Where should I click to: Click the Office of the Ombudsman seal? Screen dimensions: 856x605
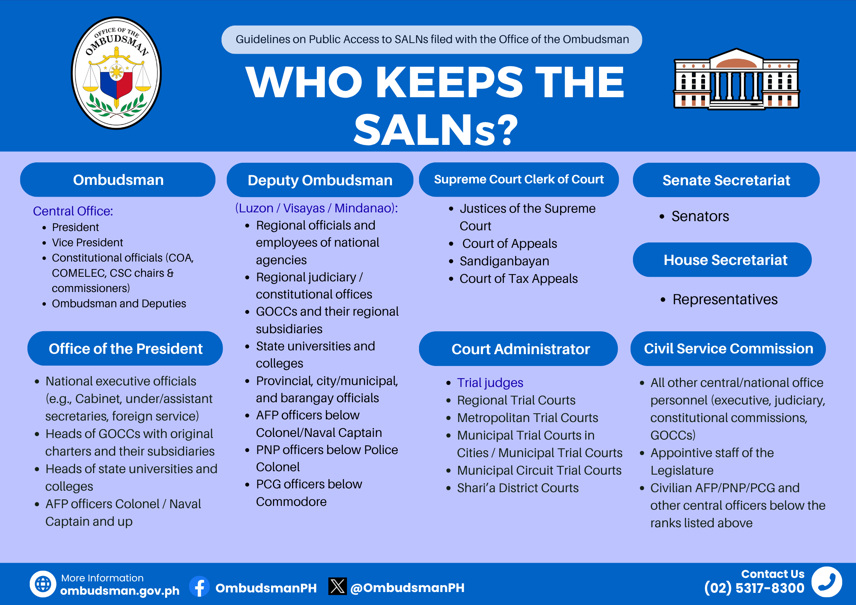click(x=116, y=73)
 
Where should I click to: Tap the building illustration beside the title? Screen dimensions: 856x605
click(x=736, y=79)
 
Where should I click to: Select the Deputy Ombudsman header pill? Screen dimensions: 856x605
click(x=320, y=180)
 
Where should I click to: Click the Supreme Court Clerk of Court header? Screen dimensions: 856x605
click(x=519, y=180)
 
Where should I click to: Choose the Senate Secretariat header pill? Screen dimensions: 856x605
click(x=726, y=180)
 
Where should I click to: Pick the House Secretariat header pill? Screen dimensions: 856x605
click(x=722, y=260)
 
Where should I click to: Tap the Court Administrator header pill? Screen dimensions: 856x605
click(x=518, y=349)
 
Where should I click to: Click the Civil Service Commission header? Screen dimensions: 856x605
click(x=728, y=348)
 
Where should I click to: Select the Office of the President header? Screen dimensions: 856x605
click(x=125, y=348)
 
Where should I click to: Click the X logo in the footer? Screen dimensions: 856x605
click(x=337, y=586)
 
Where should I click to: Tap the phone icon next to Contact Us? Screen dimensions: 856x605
click(x=827, y=582)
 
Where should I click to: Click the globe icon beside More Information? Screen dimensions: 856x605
click(x=43, y=584)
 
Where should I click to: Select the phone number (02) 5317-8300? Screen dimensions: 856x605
click(x=754, y=588)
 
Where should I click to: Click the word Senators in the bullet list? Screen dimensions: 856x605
click(x=700, y=216)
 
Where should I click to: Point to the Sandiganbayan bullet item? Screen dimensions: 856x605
click(x=504, y=261)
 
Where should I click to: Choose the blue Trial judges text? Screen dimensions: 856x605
click(x=490, y=383)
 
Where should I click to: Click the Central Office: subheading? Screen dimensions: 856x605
click(x=73, y=211)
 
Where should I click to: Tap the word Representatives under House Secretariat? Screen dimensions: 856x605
click(x=725, y=300)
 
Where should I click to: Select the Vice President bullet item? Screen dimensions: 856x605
click(x=87, y=242)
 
